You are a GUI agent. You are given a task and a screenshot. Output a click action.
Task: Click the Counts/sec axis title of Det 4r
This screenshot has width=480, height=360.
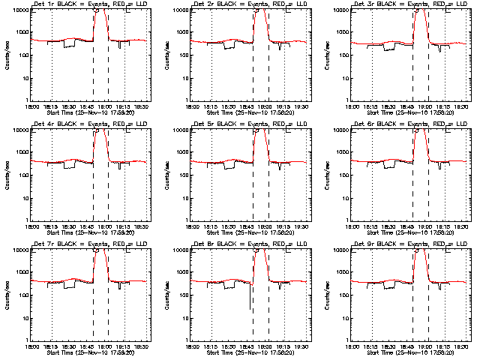coord(7,174)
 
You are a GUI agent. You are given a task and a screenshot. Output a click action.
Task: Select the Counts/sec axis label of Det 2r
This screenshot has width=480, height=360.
coord(167,54)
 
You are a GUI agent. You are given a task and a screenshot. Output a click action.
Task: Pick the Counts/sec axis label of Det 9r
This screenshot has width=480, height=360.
coord(327,294)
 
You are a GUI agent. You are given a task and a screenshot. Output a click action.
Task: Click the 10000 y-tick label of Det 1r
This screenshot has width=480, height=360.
coord(19,10)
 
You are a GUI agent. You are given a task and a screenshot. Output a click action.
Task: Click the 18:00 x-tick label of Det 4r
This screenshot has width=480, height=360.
coord(31,226)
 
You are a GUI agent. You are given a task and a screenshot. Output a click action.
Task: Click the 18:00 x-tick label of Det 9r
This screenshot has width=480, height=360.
coord(351,346)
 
